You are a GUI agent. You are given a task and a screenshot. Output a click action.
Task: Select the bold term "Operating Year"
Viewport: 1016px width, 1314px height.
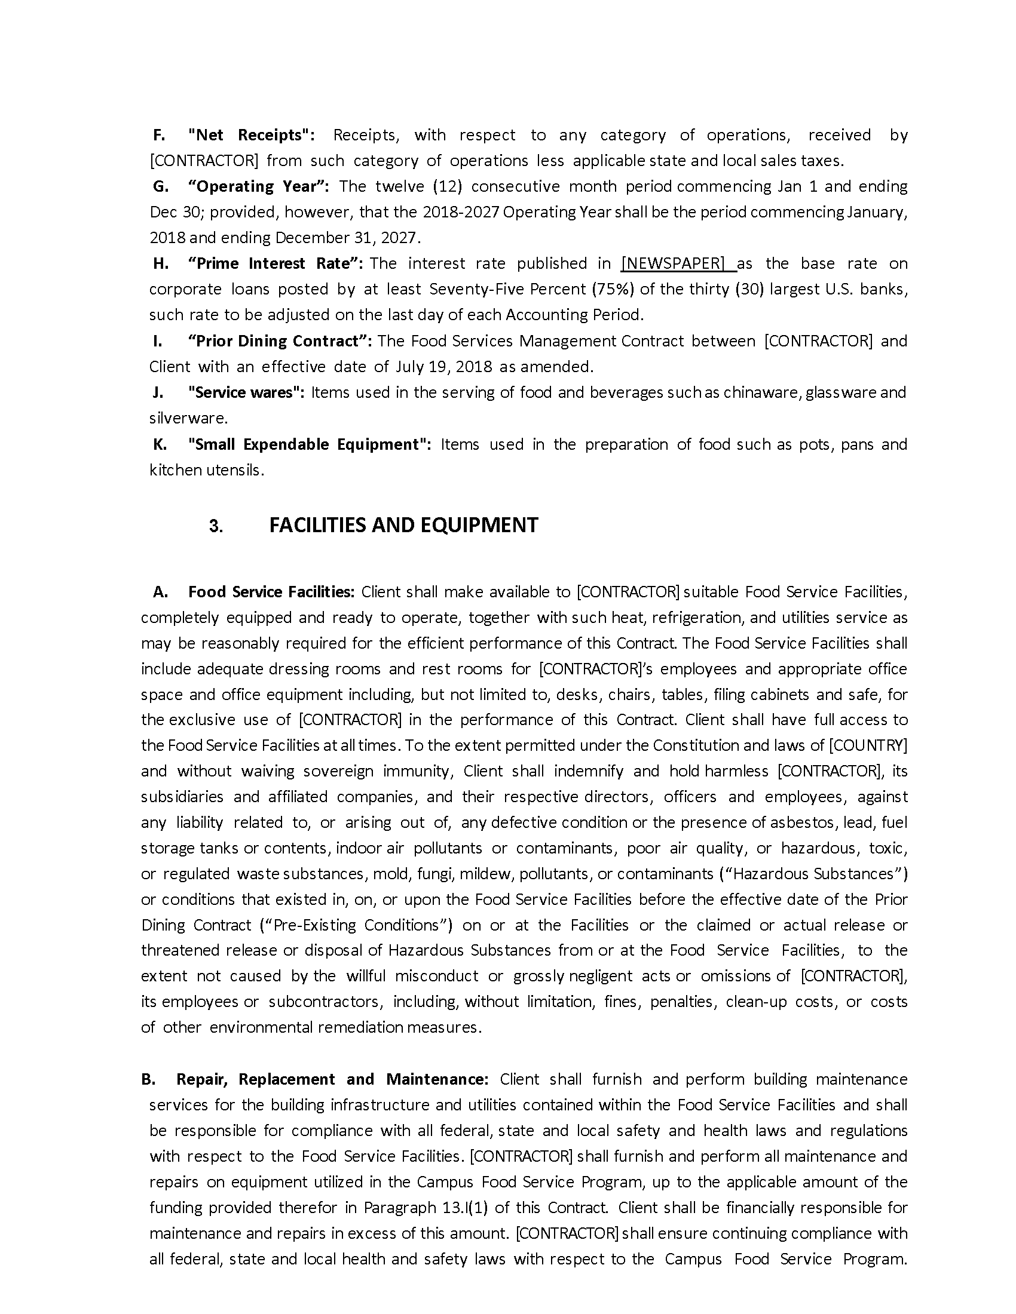pyautogui.click(x=258, y=186)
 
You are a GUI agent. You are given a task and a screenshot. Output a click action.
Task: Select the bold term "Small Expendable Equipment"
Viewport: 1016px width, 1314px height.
pyautogui.click(x=309, y=444)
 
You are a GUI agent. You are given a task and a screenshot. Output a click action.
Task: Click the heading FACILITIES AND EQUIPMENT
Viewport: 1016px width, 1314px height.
pyautogui.click(x=403, y=525)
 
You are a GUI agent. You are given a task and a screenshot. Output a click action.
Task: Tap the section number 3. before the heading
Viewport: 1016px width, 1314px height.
pyautogui.click(x=216, y=526)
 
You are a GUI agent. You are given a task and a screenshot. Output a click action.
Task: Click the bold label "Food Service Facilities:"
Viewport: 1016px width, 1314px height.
pyautogui.click(x=271, y=592)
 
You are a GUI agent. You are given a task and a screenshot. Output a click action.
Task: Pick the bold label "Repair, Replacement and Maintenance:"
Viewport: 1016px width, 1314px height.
pyautogui.click(x=332, y=1079)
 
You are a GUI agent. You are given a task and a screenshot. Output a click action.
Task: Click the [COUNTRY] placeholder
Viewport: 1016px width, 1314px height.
pyautogui.click(x=867, y=745)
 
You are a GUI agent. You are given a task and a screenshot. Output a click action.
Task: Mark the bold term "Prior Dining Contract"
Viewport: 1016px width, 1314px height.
pyautogui.click(x=279, y=341)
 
